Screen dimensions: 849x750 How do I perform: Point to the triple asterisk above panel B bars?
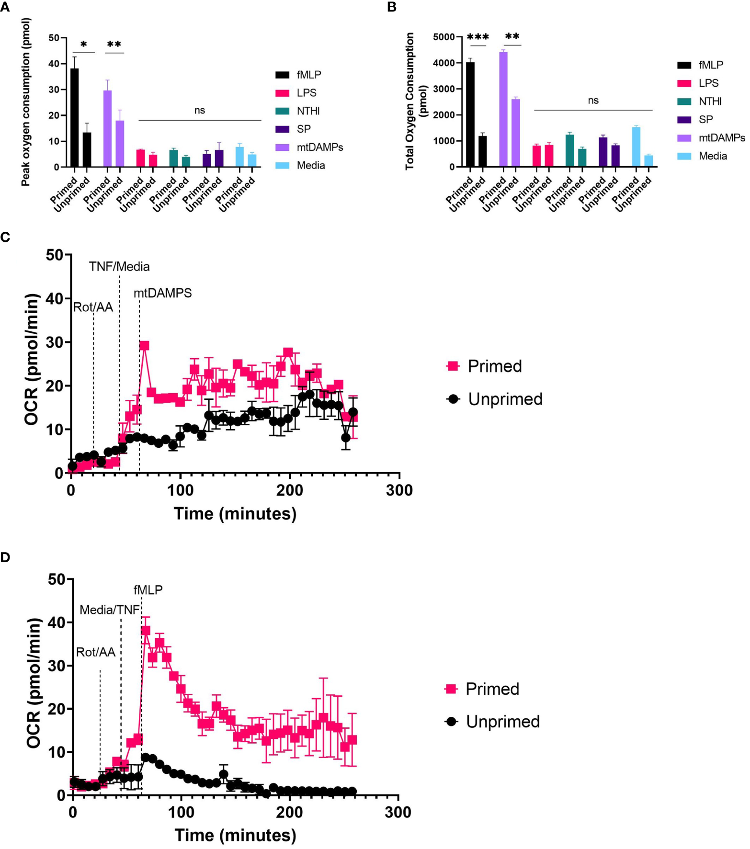tap(477, 37)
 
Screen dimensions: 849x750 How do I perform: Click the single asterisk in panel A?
tap(84, 45)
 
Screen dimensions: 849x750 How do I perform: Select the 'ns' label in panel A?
tap(200, 111)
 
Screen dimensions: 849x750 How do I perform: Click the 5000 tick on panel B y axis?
tap(443, 37)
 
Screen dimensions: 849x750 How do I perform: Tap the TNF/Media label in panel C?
tap(119, 267)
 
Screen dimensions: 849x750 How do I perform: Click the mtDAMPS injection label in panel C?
tap(162, 293)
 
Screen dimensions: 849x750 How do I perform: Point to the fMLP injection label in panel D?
tap(148, 590)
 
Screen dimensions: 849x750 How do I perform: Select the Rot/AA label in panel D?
tap(96, 652)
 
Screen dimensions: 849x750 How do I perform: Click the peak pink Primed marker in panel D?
tap(146, 630)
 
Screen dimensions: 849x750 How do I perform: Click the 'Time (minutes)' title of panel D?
tap(235, 835)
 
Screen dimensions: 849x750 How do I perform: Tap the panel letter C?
tap(5, 238)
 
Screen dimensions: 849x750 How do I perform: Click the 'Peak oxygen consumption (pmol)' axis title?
tap(26, 102)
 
